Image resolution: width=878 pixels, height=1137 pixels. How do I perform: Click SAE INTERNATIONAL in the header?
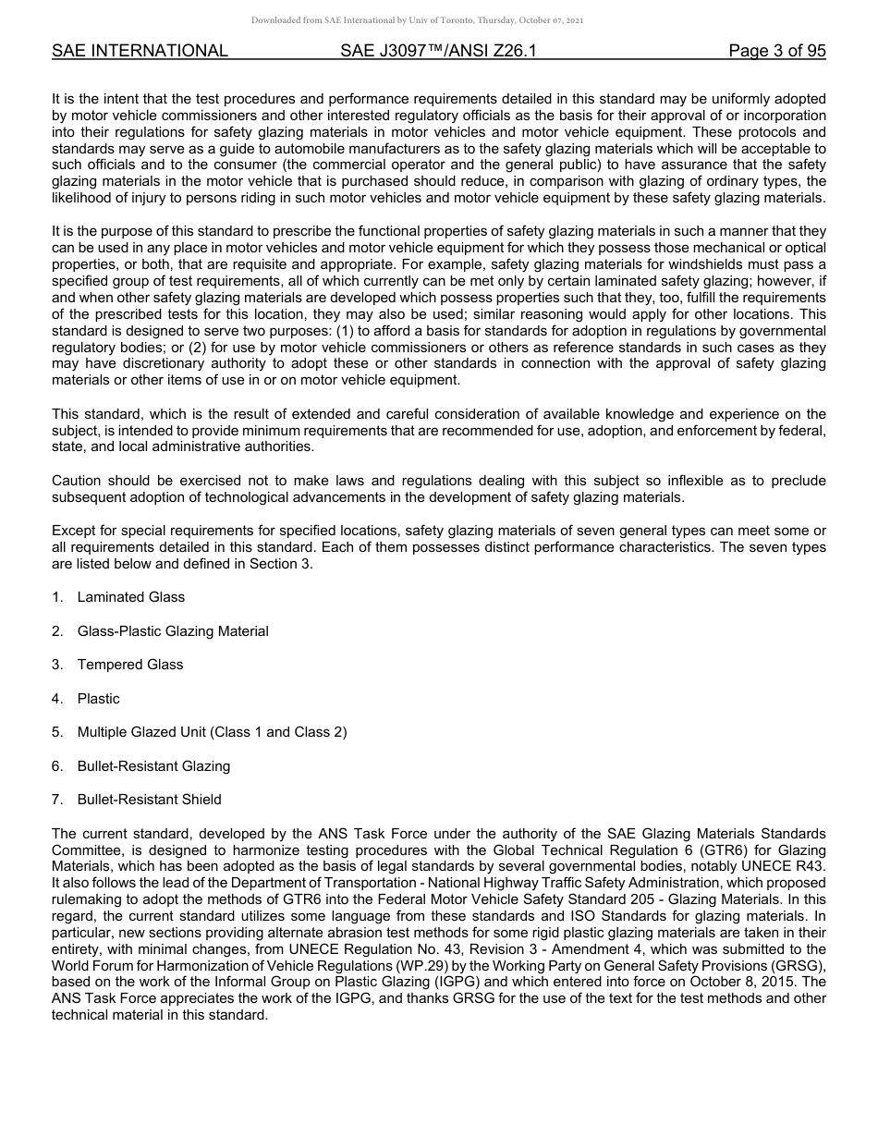[x=140, y=51]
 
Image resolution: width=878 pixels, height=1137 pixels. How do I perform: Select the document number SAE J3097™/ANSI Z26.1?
[x=438, y=51]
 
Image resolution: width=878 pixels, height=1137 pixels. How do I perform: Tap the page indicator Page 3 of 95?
[x=776, y=51]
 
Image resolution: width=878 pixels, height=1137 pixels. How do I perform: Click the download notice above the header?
[x=417, y=19]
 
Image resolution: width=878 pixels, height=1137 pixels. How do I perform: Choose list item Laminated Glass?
[x=130, y=597]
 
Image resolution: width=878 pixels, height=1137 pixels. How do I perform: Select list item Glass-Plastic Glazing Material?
[x=173, y=631]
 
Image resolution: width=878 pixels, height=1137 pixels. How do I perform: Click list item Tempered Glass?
[x=130, y=665]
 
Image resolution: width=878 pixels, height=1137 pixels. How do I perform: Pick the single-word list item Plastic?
[x=98, y=699]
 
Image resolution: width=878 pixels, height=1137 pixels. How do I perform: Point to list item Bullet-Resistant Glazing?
[x=153, y=766]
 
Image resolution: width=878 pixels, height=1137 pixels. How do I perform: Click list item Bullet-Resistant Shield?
[x=149, y=800]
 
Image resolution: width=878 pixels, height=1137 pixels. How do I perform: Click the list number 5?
[x=57, y=732]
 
